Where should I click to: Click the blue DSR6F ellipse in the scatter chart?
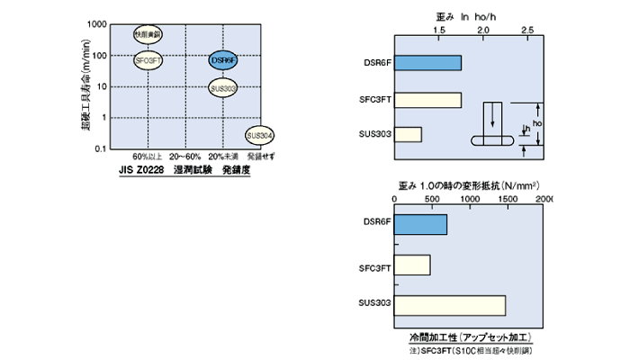tap(223, 61)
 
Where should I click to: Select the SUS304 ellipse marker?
tap(259, 135)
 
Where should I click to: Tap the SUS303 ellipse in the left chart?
tap(223, 88)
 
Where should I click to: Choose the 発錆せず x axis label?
tap(259, 157)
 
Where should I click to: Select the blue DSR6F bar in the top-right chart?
tap(427, 63)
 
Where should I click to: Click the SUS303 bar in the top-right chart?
tap(408, 134)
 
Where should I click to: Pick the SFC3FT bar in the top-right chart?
tap(427, 99)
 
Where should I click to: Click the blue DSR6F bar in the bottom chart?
tap(420, 225)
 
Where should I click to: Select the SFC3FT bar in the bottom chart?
tap(412, 265)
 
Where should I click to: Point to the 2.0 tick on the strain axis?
tap(483, 30)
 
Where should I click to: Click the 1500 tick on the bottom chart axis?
tap(506, 197)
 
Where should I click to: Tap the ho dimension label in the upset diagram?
tap(537, 121)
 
